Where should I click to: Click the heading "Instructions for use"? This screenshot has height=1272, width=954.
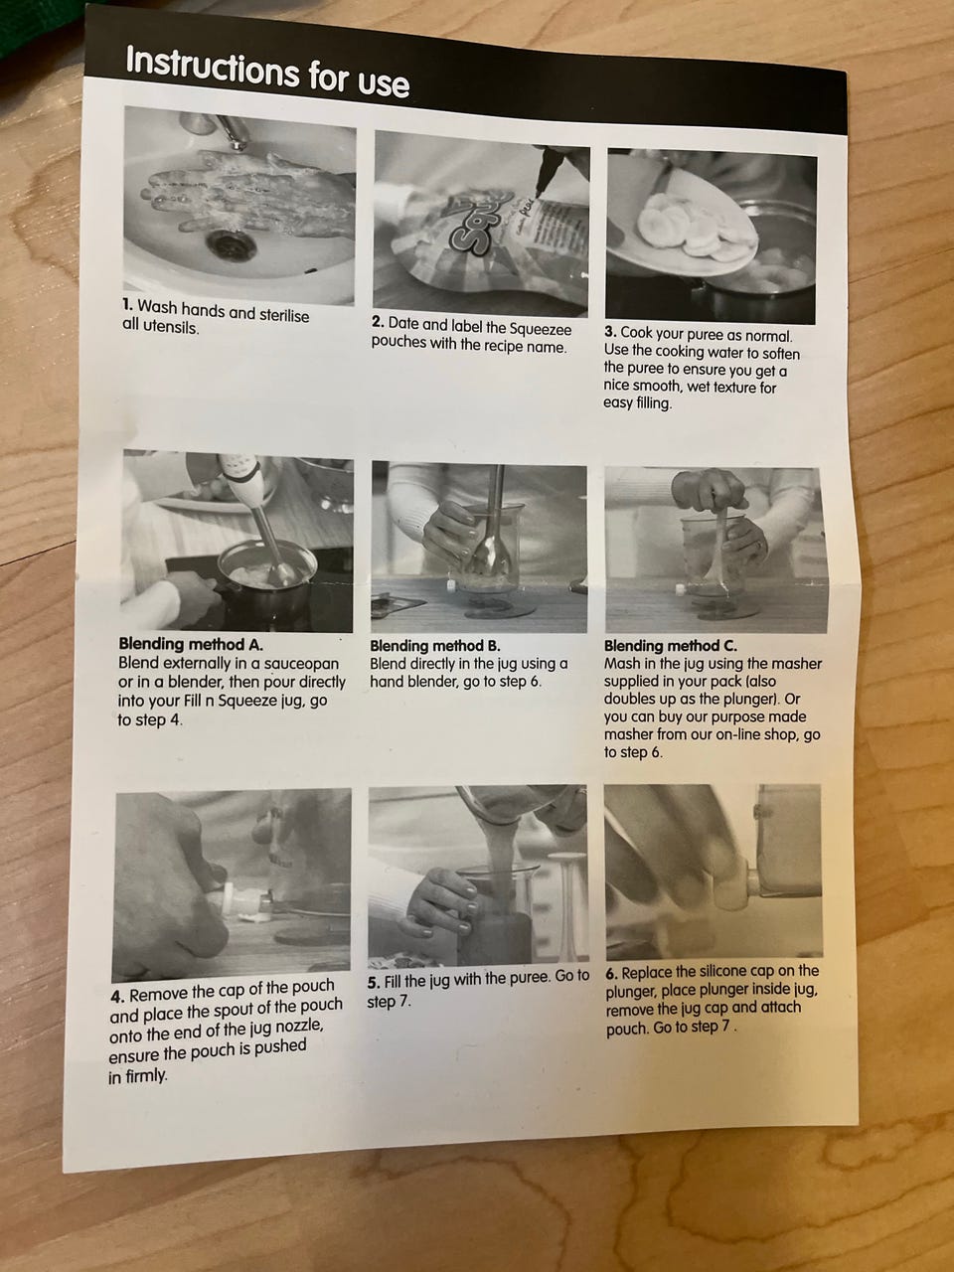[267, 71]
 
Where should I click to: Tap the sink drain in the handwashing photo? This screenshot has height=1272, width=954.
[232, 244]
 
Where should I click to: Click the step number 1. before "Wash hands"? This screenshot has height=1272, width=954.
[127, 304]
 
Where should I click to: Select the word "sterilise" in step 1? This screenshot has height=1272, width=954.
[284, 315]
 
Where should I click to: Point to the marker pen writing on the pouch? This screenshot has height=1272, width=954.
[548, 175]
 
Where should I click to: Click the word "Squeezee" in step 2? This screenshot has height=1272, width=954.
[541, 330]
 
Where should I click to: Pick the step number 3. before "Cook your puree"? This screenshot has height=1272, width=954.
[610, 333]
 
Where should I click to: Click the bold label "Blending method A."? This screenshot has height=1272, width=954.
[191, 644]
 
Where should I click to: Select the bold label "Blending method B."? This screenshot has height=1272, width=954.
[435, 646]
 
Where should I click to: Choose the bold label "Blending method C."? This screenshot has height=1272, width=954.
[671, 646]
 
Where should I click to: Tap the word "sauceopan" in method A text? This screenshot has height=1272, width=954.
[301, 664]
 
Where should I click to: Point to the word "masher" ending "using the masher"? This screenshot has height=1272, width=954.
[798, 664]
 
